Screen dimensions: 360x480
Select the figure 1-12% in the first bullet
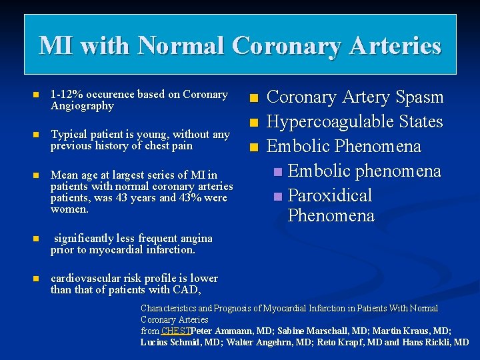[x=68, y=95]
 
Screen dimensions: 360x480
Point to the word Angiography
[x=82, y=106]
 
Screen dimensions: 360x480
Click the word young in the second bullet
[x=153, y=134]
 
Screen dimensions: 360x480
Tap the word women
[x=69, y=209]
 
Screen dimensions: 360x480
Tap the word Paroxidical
[x=330, y=196]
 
